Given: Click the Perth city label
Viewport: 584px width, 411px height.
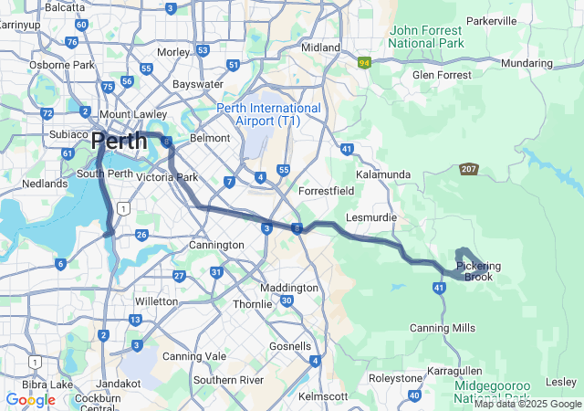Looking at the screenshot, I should pos(119,142).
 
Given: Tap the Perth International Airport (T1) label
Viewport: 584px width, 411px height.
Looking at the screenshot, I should pos(269,114).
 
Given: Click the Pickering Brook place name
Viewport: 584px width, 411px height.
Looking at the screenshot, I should pos(479,271).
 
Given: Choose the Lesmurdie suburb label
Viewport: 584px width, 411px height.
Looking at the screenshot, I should pos(370,217).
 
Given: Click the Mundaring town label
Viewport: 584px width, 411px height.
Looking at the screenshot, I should pos(527,63).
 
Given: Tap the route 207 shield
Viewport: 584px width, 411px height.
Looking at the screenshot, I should pos(469,169).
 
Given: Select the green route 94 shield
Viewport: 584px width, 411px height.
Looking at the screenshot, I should pos(365,63).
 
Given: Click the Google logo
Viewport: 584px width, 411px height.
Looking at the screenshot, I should pos(30,399).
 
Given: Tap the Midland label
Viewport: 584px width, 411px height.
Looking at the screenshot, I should pos(320,47).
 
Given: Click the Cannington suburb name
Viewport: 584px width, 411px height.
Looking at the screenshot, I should pos(215,245).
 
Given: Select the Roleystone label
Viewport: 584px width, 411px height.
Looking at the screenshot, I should pos(395,377).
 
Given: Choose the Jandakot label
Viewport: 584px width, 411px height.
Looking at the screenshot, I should pos(119,384).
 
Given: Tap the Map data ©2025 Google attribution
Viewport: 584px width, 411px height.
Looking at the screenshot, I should pos(527,404).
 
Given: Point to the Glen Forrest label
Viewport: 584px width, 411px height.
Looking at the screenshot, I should pos(443,75).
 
